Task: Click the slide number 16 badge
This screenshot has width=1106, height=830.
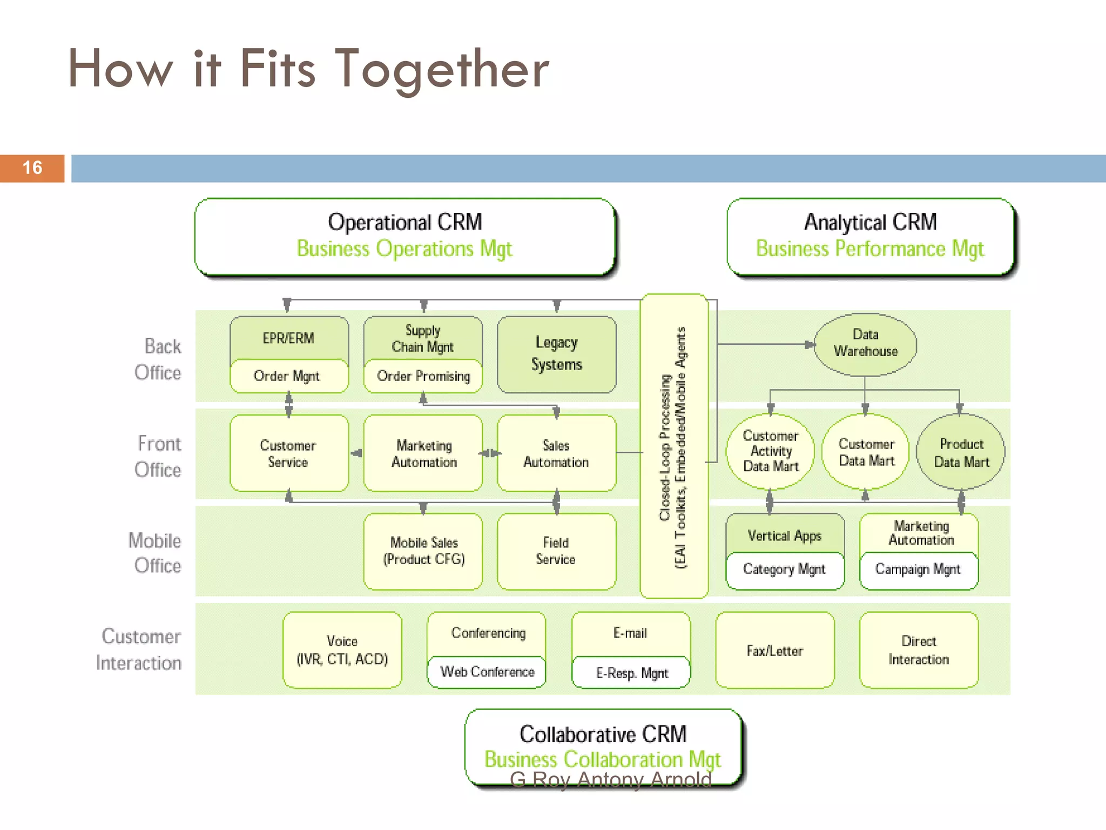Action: pyautogui.click(x=32, y=168)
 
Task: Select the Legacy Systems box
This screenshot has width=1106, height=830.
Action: pyautogui.click(x=556, y=354)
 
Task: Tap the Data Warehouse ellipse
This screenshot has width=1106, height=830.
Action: pyautogui.click(x=865, y=344)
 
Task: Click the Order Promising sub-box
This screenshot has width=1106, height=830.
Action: pyautogui.click(x=423, y=376)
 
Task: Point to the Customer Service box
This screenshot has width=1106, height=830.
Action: pyautogui.click(x=288, y=453)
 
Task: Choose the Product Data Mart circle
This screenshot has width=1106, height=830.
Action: pyautogui.click(x=961, y=452)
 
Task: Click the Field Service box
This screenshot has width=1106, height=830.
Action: pyautogui.click(x=556, y=551)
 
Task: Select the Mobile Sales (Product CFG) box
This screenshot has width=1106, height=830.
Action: pyautogui.click(x=423, y=551)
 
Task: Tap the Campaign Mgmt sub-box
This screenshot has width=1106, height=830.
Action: pyautogui.click(x=918, y=570)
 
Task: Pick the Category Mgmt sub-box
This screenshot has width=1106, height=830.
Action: pyautogui.click(x=784, y=570)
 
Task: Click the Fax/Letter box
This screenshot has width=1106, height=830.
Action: pyautogui.click(x=774, y=651)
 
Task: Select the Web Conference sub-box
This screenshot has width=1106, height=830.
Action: pyautogui.click(x=487, y=672)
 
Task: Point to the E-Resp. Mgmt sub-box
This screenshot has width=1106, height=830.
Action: pyautogui.click(x=631, y=673)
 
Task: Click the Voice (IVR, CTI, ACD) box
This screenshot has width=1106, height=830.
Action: pyautogui.click(x=342, y=650)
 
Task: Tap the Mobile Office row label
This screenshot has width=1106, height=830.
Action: pyautogui.click(x=156, y=553)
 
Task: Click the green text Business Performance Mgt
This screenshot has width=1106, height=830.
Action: pyautogui.click(x=869, y=249)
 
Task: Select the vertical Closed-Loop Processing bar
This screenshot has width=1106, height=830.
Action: pyautogui.click(x=673, y=446)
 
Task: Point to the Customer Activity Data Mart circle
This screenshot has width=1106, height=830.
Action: pyautogui.click(x=770, y=451)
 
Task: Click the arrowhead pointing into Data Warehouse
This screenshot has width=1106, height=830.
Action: pyautogui.click(x=810, y=344)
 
